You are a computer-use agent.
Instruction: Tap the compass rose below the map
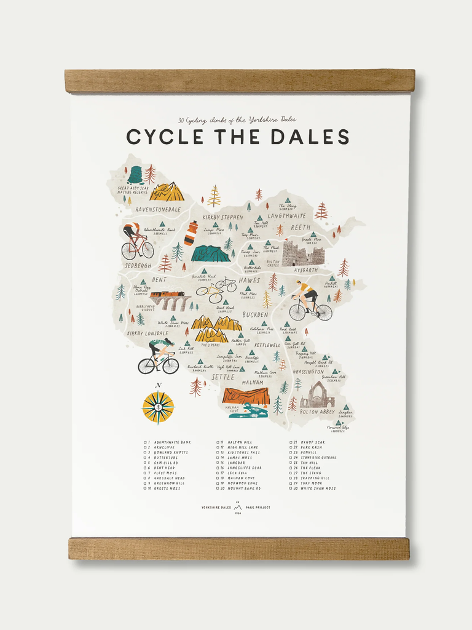pyautogui.click(x=158, y=407)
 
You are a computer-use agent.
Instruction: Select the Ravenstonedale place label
pyautogui.click(x=158, y=209)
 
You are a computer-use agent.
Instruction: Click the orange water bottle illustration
pyautogui.click(x=191, y=233)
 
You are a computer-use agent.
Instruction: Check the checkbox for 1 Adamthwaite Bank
pyautogui.click(x=145, y=442)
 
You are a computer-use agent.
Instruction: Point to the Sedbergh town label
pyautogui.click(x=138, y=265)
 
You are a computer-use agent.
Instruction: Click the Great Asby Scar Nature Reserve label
pyautogui.click(x=133, y=190)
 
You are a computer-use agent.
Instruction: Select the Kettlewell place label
pyautogui.click(x=266, y=345)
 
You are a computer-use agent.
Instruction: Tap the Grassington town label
pyautogui.click(x=308, y=372)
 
